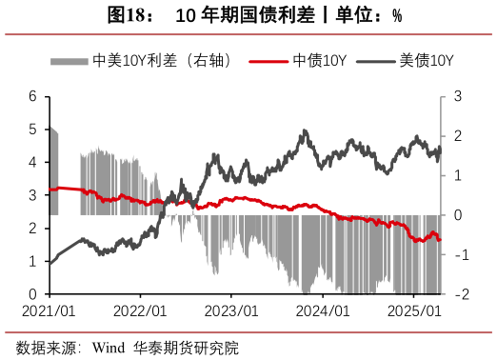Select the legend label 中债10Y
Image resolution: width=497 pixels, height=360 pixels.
319,61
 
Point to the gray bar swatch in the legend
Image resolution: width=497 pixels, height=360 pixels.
70,61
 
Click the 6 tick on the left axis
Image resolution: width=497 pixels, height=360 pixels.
33,96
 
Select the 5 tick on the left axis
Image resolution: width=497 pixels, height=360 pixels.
33,130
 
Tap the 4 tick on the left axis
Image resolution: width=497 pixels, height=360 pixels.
33,162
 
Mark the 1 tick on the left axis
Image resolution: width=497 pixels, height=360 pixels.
33,261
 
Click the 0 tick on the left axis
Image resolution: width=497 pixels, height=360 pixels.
33,294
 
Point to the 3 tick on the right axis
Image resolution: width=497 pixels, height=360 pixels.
458,96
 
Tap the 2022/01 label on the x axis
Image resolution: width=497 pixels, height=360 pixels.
140,310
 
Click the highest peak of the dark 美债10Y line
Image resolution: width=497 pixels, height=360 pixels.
305,131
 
